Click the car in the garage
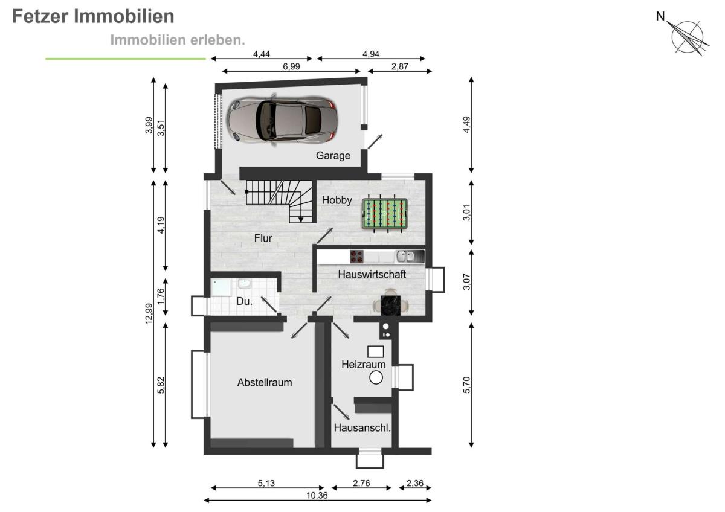tap(282, 120)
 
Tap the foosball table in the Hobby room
tap(384, 214)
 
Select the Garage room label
tap(333, 156)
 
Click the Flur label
tap(263, 238)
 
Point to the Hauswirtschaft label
tap(372, 275)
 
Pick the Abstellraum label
tap(265, 383)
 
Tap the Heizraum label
tap(364, 365)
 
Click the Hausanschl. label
tap(362, 428)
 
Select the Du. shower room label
tap(244, 301)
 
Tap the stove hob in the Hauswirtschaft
tap(356, 257)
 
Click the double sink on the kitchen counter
tap(406, 257)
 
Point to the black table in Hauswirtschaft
tap(391, 306)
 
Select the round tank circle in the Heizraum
tap(376, 377)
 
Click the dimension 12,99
tap(149, 314)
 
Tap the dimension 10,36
tap(317, 495)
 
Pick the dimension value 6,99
tap(291, 66)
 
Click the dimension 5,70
tap(466, 385)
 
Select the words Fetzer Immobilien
tap(93, 16)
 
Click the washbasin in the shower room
tap(244, 284)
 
